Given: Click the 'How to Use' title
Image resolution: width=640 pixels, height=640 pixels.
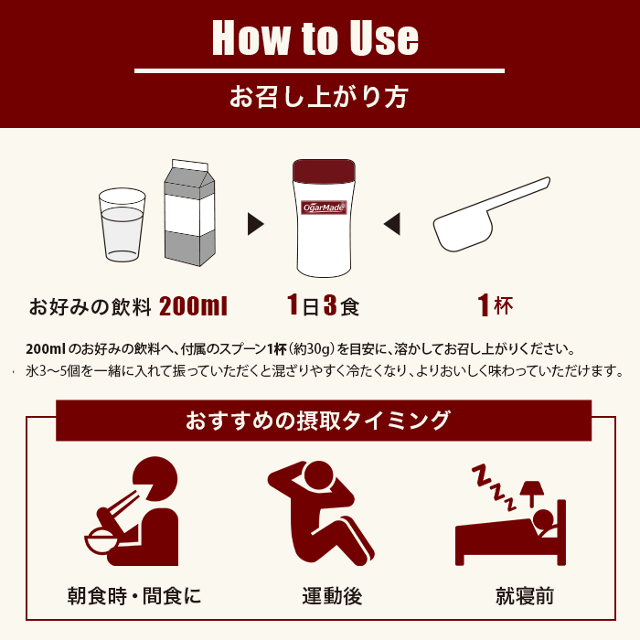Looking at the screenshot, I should [x=315, y=38].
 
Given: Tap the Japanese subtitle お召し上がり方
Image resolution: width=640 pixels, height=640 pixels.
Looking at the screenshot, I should [x=319, y=96].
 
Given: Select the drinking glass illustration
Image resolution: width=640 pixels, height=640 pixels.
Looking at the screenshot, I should [x=122, y=224].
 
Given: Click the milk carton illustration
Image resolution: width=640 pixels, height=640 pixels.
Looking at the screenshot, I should [x=190, y=212].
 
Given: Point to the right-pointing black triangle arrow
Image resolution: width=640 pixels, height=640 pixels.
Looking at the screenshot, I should [x=256, y=224].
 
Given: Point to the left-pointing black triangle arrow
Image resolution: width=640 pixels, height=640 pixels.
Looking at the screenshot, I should [x=391, y=223].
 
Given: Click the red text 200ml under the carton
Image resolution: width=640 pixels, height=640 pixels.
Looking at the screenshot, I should [x=193, y=305].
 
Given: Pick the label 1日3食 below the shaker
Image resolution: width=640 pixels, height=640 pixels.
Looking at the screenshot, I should [x=323, y=305].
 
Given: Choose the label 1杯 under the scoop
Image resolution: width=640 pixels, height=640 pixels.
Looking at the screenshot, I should [x=495, y=305].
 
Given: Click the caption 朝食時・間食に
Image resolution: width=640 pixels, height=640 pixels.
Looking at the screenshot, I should [x=134, y=597].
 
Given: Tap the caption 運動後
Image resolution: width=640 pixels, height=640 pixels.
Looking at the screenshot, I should [x=332, y=597].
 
